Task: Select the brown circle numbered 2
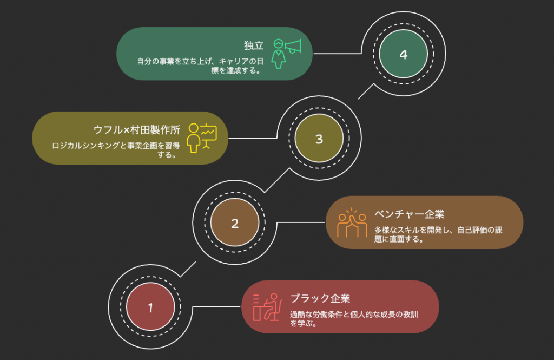(x=235, y=223)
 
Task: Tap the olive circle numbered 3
(x=319, y=139)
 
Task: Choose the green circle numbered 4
(x=403, y=55)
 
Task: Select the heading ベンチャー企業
(x=410, y=213)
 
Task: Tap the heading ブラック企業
(x=320, y=298)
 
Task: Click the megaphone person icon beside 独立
(x=286, y=53)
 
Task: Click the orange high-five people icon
(x=352, y=222)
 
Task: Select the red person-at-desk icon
(x=267, y=306)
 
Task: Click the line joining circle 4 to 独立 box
(x=338, y=54)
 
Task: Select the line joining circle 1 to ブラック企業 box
(x=216, y=307)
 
